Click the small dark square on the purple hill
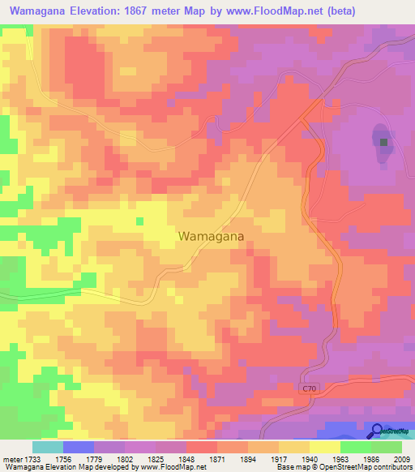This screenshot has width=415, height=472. point(383,143)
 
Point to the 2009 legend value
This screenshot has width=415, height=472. point(401,458)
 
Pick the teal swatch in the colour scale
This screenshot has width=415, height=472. point(48,447)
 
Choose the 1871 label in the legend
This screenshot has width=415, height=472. point(216,458)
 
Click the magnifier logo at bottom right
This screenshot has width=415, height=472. point(377,431)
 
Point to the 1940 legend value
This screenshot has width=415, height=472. point(309,458)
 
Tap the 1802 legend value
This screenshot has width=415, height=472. point(124,458)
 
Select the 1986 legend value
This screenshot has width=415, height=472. point(370,458)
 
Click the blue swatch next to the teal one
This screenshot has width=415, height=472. point(79,447)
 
